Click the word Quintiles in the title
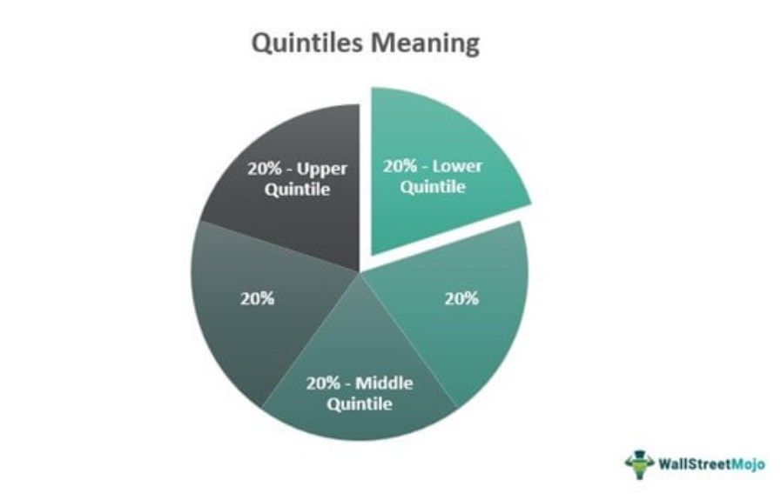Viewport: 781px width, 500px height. click(306, 43)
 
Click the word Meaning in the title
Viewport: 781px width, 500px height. click(425, 43)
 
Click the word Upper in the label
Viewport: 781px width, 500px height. click(322, 170)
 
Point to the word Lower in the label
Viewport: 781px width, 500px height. click(457, 166)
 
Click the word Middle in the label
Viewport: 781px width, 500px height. click(385, 383)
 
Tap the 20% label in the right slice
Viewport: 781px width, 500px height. click(461, 298)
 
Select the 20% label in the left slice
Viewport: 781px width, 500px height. click(258, 298)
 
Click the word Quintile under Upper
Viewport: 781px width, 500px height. click(298, 190)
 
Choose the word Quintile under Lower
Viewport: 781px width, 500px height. click(433, 187)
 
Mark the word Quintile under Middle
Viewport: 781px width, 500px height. click(360, 403)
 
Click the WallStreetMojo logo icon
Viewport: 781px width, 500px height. click(640, 464)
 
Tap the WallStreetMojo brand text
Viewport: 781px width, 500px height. click(711, 464)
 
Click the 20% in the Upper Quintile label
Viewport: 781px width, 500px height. click(265, 169)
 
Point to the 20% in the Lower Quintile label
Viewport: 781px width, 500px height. click(400, 166)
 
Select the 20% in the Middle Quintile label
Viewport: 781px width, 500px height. click(323, 383)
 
